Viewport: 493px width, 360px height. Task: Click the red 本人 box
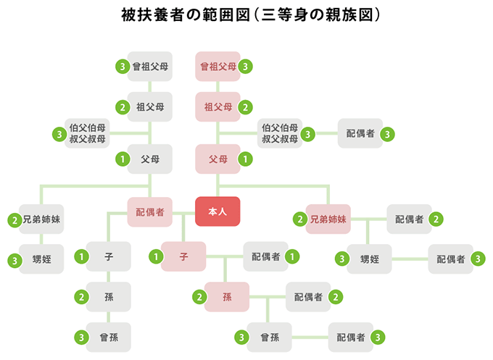pos(217,212)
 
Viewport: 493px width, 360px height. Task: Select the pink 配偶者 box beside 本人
pos(150,212)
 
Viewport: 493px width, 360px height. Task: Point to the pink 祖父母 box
pos(218,107)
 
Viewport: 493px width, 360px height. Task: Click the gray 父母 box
pos(150,158)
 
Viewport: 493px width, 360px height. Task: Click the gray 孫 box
pos(109,296)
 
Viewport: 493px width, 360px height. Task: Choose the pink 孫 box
pos(226,296)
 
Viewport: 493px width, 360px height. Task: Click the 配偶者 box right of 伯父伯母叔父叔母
pos(360,134)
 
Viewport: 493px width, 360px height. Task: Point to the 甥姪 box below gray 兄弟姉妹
pos(41,259)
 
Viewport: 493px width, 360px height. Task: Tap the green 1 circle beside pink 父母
pos(246,158)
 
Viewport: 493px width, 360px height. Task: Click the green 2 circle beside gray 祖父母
pos(122,107)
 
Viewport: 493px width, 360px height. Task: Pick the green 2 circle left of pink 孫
pos(199,296)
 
